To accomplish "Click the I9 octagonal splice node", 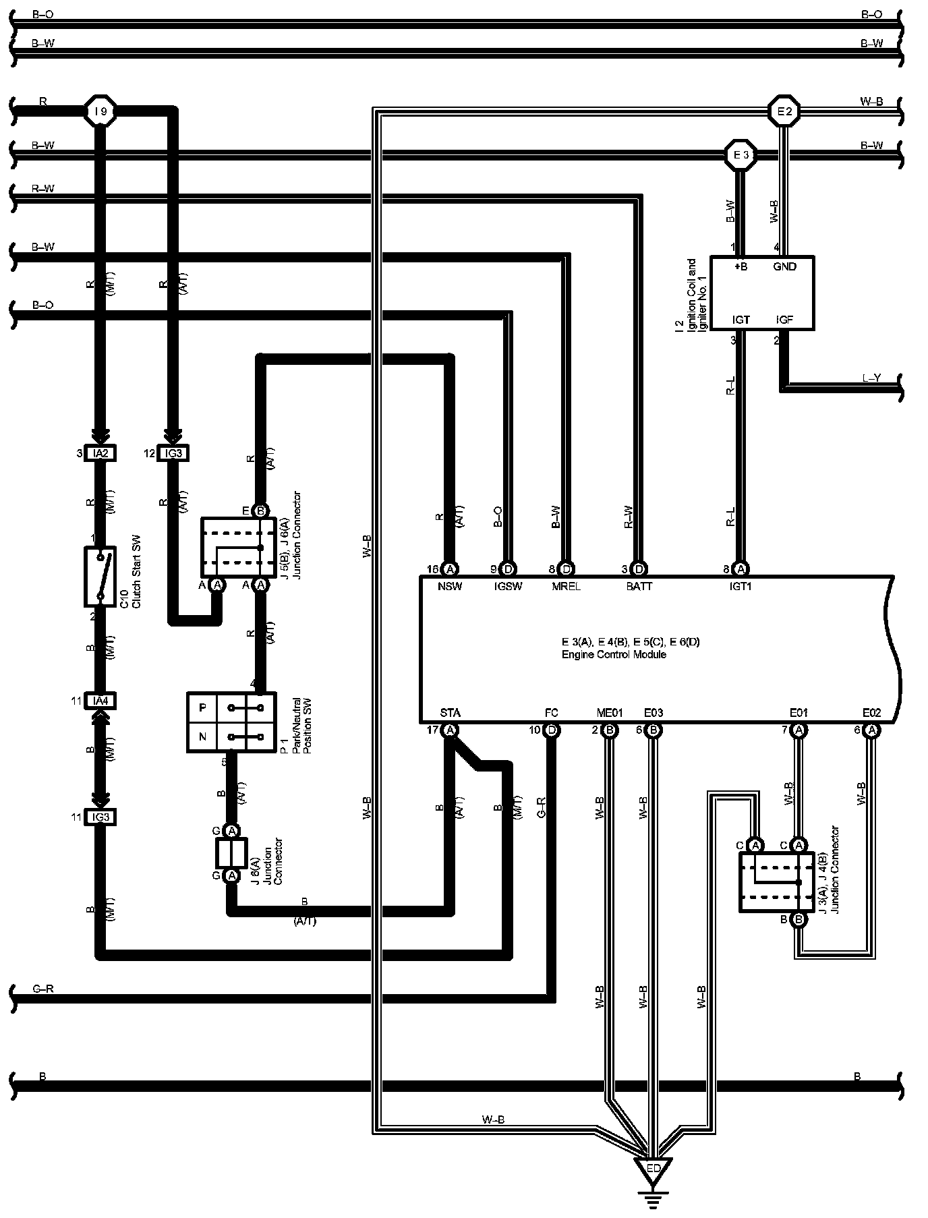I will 100,111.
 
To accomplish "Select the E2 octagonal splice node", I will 784,111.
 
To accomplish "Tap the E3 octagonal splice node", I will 741,155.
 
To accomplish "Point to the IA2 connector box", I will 100,454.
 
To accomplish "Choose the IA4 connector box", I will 100,701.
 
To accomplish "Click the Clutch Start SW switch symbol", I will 100,577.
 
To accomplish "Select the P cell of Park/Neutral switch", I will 202,708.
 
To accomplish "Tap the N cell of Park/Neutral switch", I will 202,736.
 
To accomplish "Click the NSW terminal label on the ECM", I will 450,587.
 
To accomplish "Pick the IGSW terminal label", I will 508,587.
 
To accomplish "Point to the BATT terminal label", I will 639,587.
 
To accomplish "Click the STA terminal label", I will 450,712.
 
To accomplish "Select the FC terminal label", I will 551,712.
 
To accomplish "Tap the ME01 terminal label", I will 609,712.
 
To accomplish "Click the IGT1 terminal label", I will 740,587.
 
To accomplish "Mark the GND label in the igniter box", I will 784,266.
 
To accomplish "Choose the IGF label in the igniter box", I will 784,320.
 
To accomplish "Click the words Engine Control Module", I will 614,654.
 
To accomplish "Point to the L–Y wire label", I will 871,378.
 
